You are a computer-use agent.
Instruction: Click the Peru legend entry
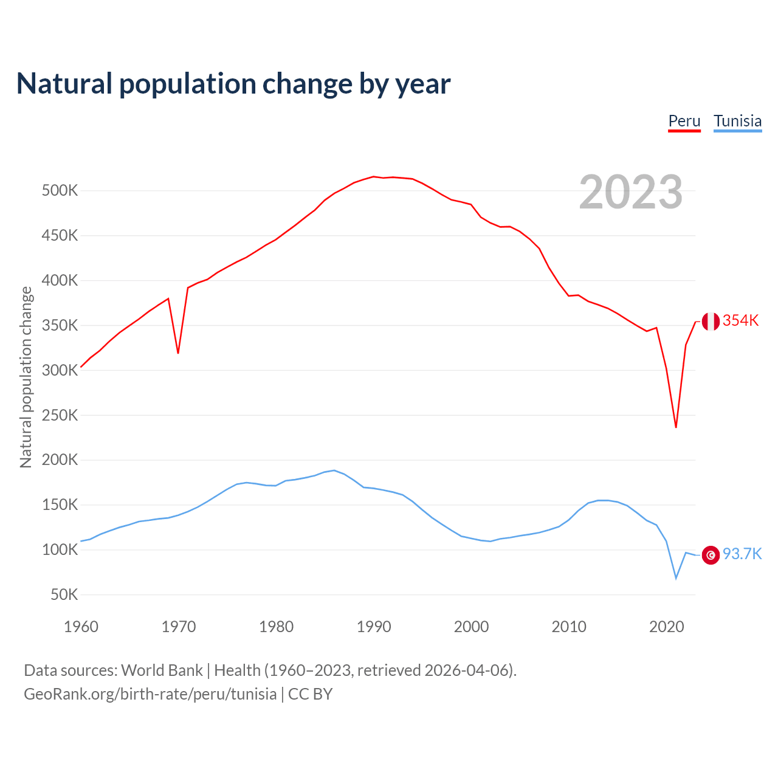point(684,121)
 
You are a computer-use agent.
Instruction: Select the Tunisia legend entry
point(737,121)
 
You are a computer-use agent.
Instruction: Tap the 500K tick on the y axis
point(60,191)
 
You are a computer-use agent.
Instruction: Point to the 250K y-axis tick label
point(60,416)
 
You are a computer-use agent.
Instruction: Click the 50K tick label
point(64,595)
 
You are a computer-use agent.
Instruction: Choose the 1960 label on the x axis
point(81,627)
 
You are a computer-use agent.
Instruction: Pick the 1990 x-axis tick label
point(374,627)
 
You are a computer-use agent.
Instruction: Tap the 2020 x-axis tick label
point(667,627)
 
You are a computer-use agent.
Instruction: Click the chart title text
point(233,84)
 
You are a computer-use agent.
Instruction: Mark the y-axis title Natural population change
point(26,377)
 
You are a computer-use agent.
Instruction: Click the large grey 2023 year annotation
point(630,192)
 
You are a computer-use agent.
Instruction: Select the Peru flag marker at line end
point(711,321)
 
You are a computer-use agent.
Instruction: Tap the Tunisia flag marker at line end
point(711,555)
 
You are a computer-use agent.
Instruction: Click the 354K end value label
point(740,321)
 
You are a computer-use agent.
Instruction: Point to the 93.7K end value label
point(742,554)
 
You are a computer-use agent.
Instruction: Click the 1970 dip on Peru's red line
point(178,353)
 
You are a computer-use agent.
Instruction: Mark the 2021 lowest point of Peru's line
point(676,427)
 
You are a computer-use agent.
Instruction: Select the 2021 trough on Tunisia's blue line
point(676,577)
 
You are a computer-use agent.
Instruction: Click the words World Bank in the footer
point(162,670)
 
